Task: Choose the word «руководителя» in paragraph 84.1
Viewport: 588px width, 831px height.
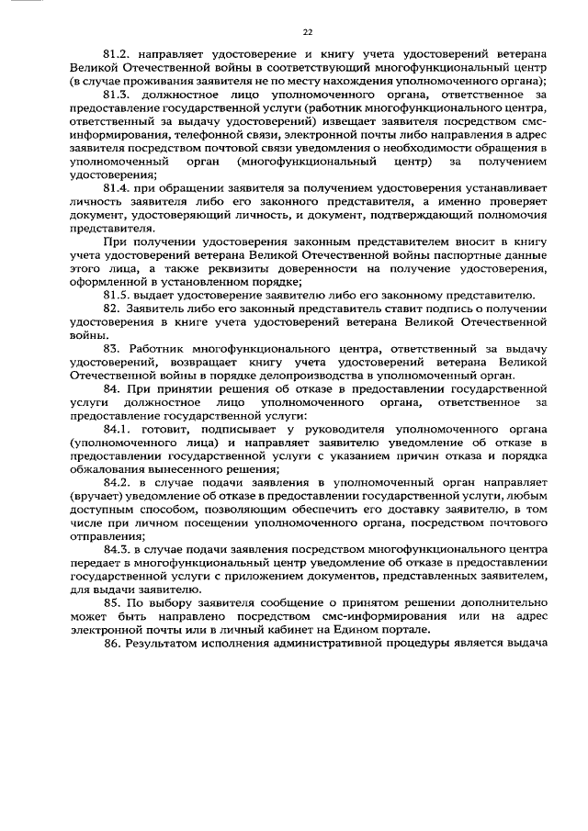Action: (x=335, y=429)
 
